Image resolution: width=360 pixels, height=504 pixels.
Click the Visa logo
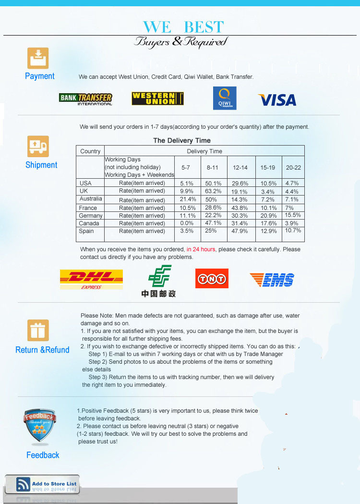pos(277,100)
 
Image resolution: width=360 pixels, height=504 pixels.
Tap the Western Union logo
pos(157,98)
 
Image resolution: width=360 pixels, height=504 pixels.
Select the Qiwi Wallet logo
pos(225,98)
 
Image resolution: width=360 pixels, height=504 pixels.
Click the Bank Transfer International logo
pos(86,99)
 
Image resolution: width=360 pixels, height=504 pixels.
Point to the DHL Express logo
pos(91,279)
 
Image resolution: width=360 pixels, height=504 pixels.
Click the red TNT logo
pos(212,278)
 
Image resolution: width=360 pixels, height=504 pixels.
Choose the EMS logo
pos(272,279)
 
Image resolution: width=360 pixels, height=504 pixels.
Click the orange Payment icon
pos(38,59)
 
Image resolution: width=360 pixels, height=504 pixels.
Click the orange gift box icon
pos(38,331)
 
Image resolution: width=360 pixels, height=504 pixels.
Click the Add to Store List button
pos(42,484)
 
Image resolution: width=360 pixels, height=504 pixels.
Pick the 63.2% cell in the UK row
pos(214,191)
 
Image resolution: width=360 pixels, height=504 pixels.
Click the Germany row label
pos(91,216)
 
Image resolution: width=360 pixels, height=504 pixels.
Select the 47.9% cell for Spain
pos(240,231)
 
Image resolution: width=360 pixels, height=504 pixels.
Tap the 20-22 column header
pos(293,168)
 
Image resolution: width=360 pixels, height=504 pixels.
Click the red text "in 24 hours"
pos(201,249)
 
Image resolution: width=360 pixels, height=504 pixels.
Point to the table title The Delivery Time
pos(182,140)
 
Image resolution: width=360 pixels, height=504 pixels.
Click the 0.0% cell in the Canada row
pos(187,223)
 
